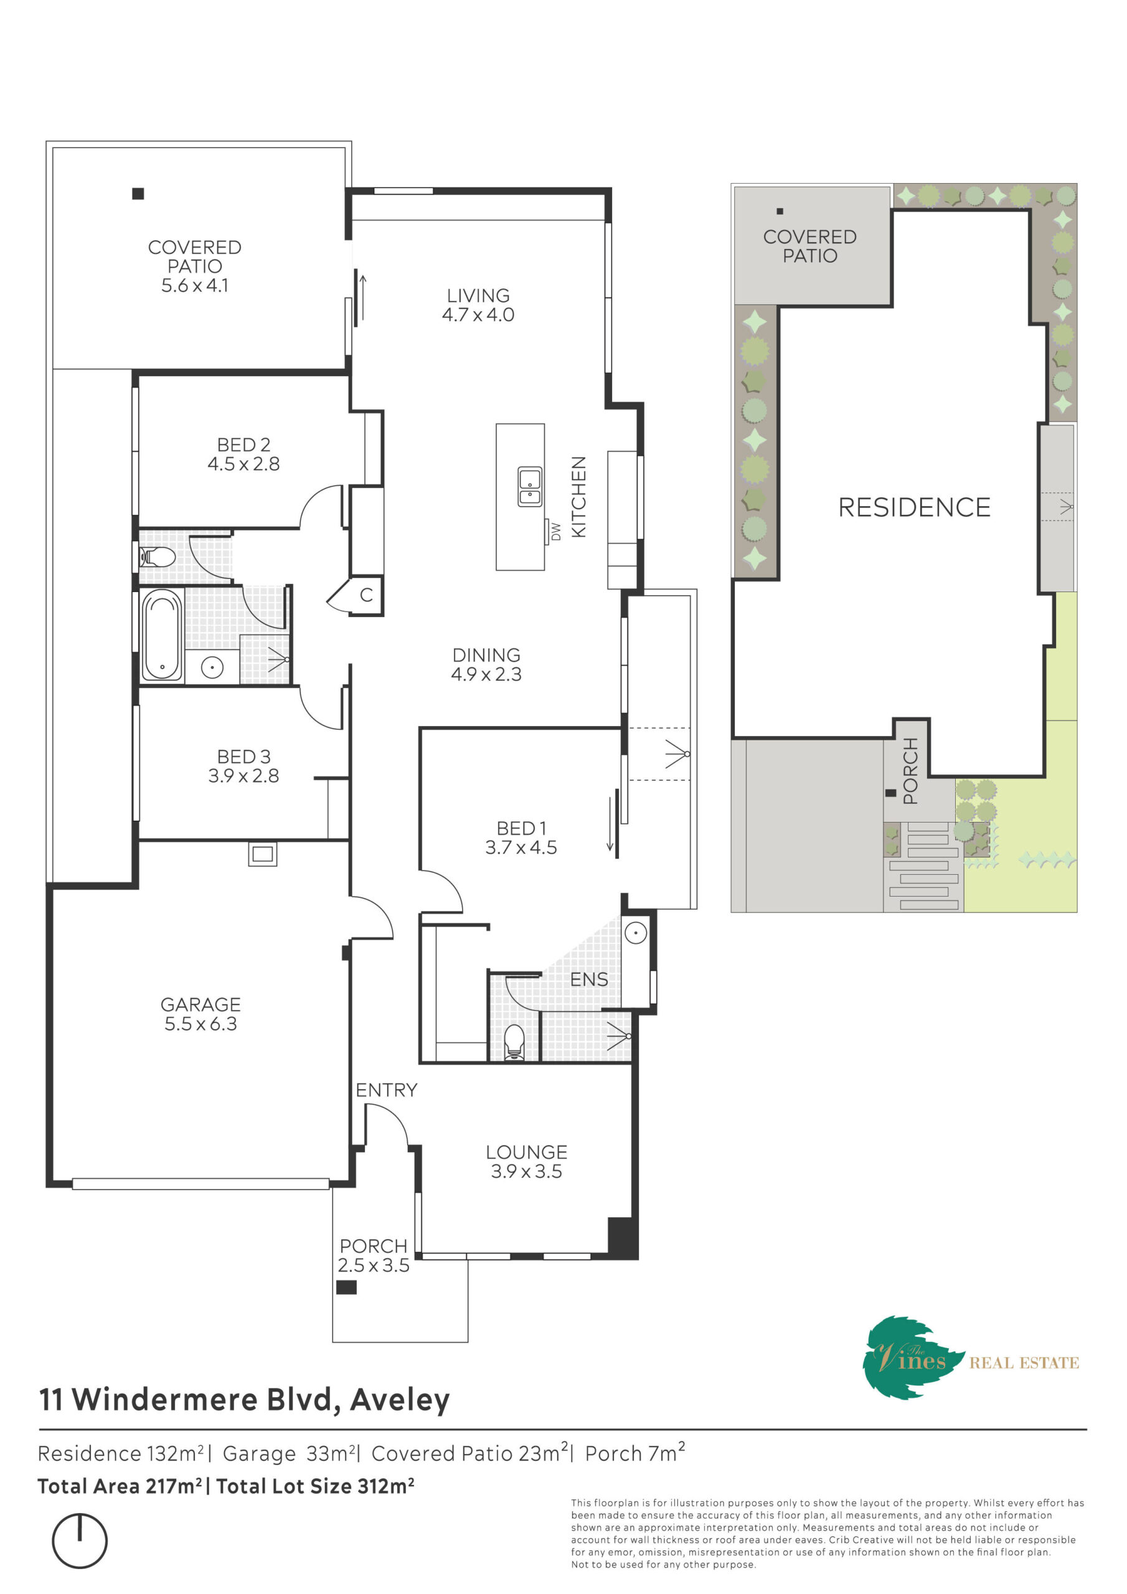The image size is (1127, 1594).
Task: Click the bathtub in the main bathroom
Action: pyautogui.click(x=162, y=634)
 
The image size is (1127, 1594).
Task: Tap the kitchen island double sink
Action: pyautogui.click(x=530, y=486)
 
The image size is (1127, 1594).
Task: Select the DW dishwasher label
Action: pyautogui.click(x=555, y=532)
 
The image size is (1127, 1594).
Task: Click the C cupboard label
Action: pyautogui.click(x=367, y=595)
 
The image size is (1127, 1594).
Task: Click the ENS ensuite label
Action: pyautogui.click(x=589, y=979)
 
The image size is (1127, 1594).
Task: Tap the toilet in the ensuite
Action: pyautogui.click(x=514, y=1041)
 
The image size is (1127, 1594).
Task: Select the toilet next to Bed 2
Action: pyautogui.click(x=157, y=557)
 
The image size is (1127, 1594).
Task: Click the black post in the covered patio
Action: pyautogui.click(x=138, y=194)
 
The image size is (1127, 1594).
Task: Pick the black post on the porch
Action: pyautogui.click(x=346, y=1287)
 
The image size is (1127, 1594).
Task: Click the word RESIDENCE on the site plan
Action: pyautogui.click(x=915, y=507)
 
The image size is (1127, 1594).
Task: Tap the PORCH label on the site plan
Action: pyautogui.click(x=910, y=771)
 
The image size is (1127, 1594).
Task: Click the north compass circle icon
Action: pyautogui.click(x=80, y=1541)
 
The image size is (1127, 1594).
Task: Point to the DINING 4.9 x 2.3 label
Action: pyautogui.click(x=486, y=664)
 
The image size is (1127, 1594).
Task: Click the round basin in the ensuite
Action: pyautogui.click(x=635, y=934)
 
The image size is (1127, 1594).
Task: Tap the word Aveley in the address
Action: pyautogui.click(x=400, y=1400)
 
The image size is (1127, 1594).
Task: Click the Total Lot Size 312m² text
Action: pyautogui.click(x=316, y=1486)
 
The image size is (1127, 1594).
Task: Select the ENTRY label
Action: pyautogui.click(x=387, y=1091)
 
